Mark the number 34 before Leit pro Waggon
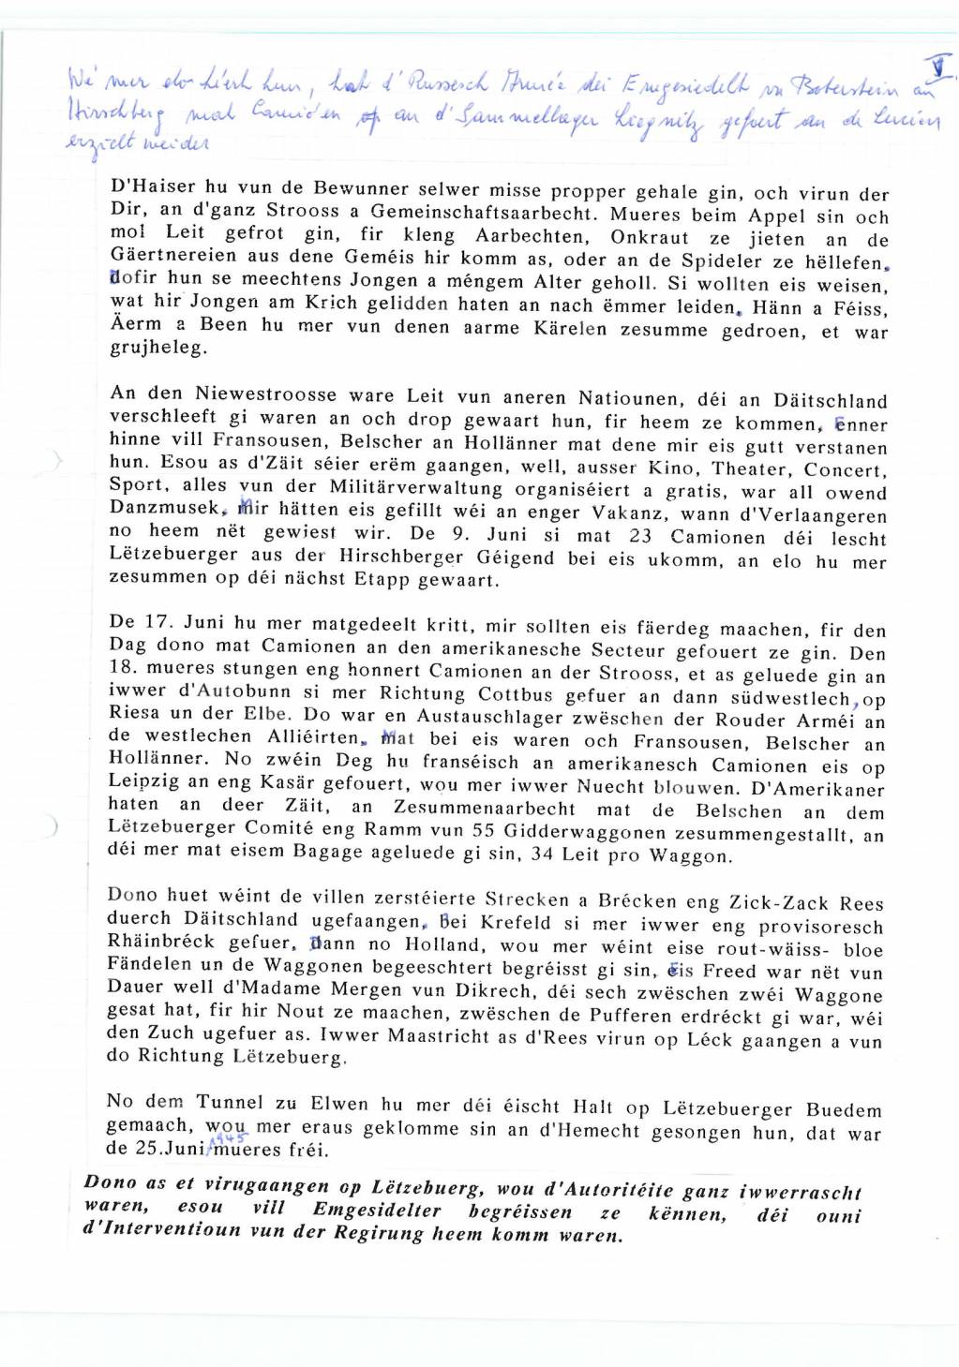543,854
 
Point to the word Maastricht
396,1038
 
